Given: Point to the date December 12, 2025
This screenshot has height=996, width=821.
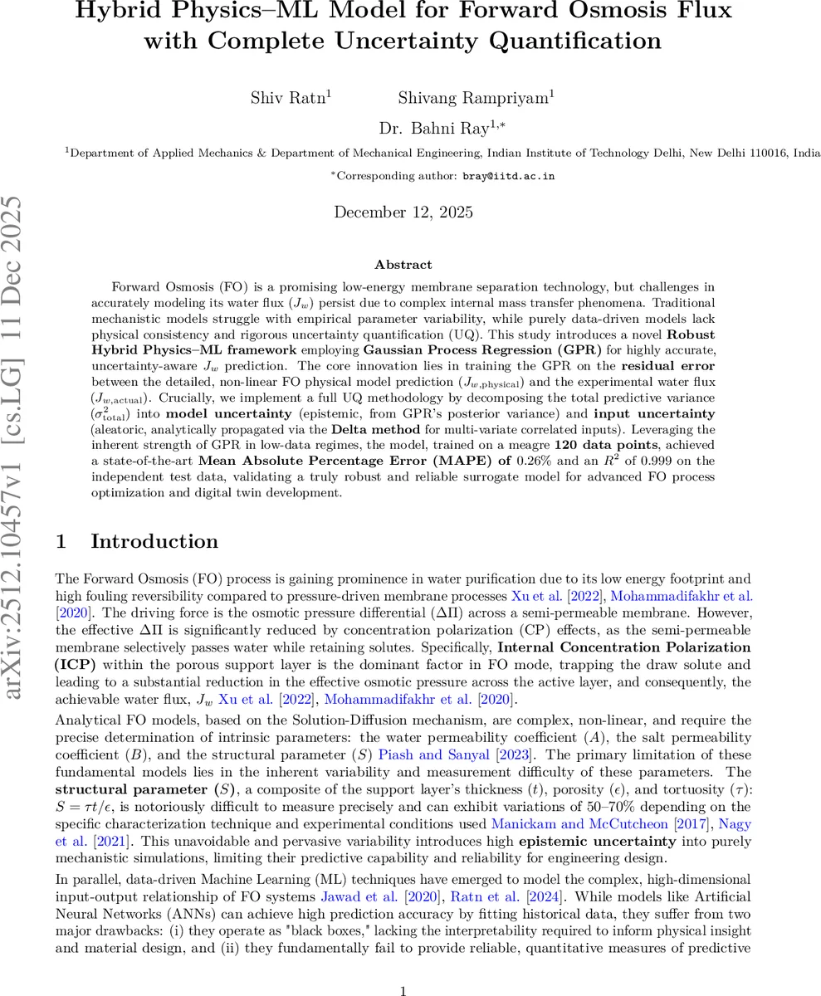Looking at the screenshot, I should pyautogui.click(x=403, y=212).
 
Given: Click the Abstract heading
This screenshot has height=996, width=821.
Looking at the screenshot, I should pyautogui.click(x=403, y=265).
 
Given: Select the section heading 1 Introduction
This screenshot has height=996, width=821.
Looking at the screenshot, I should pyautogui.click(x=137, y=542).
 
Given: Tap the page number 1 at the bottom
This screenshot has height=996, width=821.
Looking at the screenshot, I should pyautogui.click(x=403, y=967).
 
